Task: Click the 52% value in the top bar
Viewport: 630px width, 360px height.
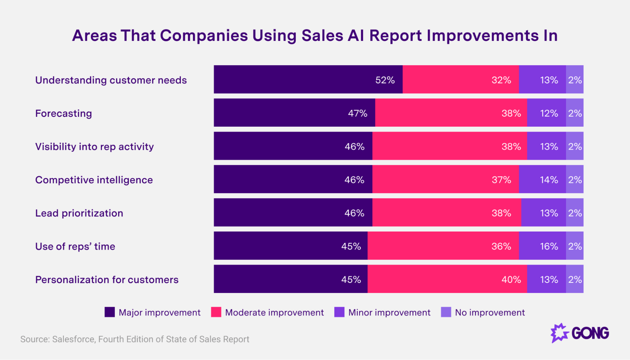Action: tap(385, 80)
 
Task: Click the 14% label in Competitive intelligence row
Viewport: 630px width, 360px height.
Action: tap(549, 180)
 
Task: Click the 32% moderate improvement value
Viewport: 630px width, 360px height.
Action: tap(501, 80)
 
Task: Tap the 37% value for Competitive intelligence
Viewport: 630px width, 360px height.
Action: tap(501, 180)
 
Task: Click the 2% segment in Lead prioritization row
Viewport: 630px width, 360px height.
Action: tap(575, 213)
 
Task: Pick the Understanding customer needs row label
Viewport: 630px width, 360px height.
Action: tap(111, 80)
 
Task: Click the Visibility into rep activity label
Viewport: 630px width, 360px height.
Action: tap(94, 146)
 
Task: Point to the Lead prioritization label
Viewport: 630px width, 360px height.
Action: tap(79, 213)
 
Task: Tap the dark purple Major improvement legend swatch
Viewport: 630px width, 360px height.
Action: tap(110, 312)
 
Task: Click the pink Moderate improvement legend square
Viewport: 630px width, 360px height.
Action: tap(216, 312)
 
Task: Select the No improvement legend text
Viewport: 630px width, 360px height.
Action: tap(490, 312)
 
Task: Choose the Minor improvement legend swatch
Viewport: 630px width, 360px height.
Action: tap(339, 312)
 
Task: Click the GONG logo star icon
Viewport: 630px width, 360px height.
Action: tap(559, 333)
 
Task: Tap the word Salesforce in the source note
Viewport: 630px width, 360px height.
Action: tap(74, 339)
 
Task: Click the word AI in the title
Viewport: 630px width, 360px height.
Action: tap(356, 35)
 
